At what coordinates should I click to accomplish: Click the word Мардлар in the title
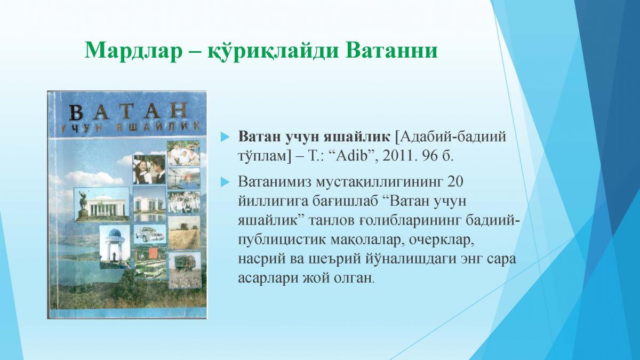tap(133, 51)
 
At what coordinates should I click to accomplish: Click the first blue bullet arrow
tap(225, 137)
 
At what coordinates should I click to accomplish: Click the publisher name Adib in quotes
tap(352, 156)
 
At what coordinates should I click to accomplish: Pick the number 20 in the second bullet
tap(455, 182)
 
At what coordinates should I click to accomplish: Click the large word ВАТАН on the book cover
tap(128, 111)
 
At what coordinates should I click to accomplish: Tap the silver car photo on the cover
tap(150, 234)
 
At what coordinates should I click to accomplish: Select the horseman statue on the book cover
tap(83, 203)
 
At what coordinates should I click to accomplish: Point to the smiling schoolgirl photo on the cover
tap(149, 170)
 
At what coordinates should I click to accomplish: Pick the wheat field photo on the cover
tap(185, 233)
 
